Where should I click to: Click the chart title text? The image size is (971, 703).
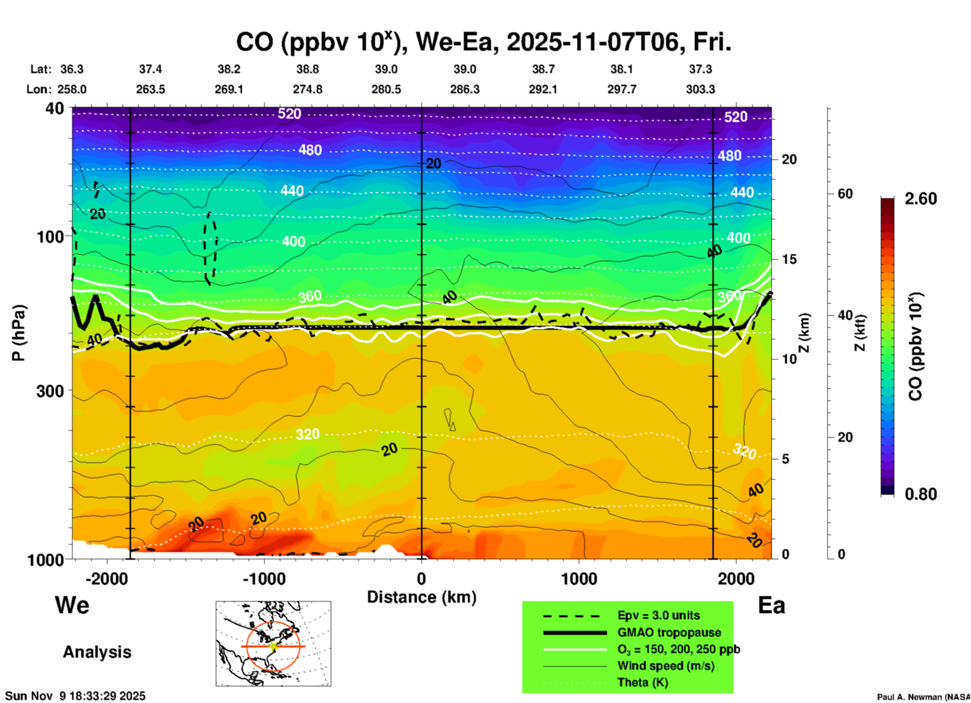pos(483,42)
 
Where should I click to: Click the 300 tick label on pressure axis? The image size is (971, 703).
pos(50,391)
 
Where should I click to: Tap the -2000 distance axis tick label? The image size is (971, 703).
pos(106,579)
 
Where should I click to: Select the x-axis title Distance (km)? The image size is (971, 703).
pos(421,597)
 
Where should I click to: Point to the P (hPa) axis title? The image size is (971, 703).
pos(19,332)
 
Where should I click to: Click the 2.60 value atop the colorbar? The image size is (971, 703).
pos(921,199)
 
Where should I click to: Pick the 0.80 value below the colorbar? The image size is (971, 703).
pos(921,494)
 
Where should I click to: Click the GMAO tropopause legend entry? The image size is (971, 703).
pos(669,632)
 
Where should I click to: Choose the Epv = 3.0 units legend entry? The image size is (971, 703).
pos(658,616)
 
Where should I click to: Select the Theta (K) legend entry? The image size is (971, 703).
pos(642,683)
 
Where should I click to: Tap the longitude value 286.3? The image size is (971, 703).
pos(464,90)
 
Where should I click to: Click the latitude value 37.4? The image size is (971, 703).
pos(150,69)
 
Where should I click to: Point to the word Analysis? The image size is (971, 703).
pos(97,652)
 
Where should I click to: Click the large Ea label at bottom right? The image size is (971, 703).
pos(771,606)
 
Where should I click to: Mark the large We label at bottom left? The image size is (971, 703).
pos(72,605)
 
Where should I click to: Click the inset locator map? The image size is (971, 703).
pos(273,643)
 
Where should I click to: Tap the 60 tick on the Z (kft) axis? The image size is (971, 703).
pos(845,194)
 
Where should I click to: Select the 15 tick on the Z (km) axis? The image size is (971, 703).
pos(789,259)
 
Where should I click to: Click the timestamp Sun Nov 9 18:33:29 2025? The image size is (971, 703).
pos(75,696)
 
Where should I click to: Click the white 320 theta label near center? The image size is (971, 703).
pos(308,434)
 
